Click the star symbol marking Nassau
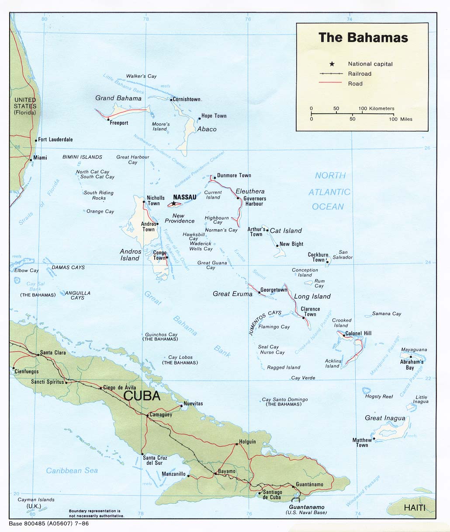[x=174, y=203]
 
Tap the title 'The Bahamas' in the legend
[x=363, y=38]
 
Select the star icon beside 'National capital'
[x=332, y=64]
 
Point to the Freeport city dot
[x=108, y=119]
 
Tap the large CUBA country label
[x=142, y=396]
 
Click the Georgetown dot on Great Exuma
[x=259, y=292]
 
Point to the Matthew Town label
[x=362, y=442]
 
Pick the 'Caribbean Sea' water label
[x=72, y=470]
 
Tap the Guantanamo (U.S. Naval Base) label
[x=306, y=509]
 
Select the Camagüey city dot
[x=147, y=414]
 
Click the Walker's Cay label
[x=141, y=76]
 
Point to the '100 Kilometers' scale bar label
[x=376, y=108]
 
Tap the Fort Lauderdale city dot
[x=36, y=140]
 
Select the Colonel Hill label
[x=358, y=333]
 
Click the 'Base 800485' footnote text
[x=48, y=524]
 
